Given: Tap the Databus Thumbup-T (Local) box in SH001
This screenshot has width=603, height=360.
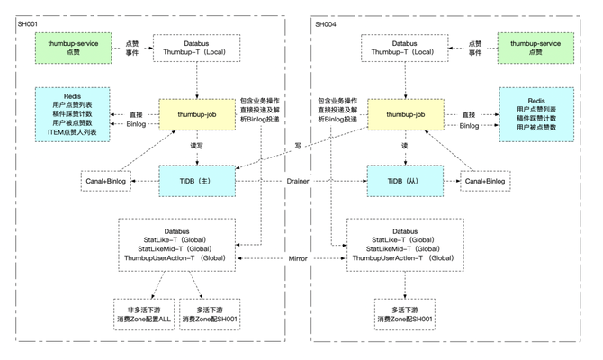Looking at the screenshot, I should [196, 47].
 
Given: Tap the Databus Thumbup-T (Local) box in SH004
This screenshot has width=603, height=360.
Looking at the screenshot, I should [405, 47].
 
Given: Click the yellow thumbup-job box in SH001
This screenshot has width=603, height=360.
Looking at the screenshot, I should [196, 114].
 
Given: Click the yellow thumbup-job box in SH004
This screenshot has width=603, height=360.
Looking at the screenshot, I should [405, 114].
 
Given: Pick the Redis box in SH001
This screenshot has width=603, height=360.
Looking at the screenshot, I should [72, 112].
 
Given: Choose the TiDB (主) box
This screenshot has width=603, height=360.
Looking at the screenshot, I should [196, 180].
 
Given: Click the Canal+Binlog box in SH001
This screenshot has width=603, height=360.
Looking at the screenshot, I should [109, 181].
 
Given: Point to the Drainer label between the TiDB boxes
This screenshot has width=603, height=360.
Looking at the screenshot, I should [298, 181].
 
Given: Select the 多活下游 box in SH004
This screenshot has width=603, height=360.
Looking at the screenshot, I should [405, 314].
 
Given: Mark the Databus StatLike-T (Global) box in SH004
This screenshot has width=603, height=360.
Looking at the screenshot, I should [405, 244].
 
